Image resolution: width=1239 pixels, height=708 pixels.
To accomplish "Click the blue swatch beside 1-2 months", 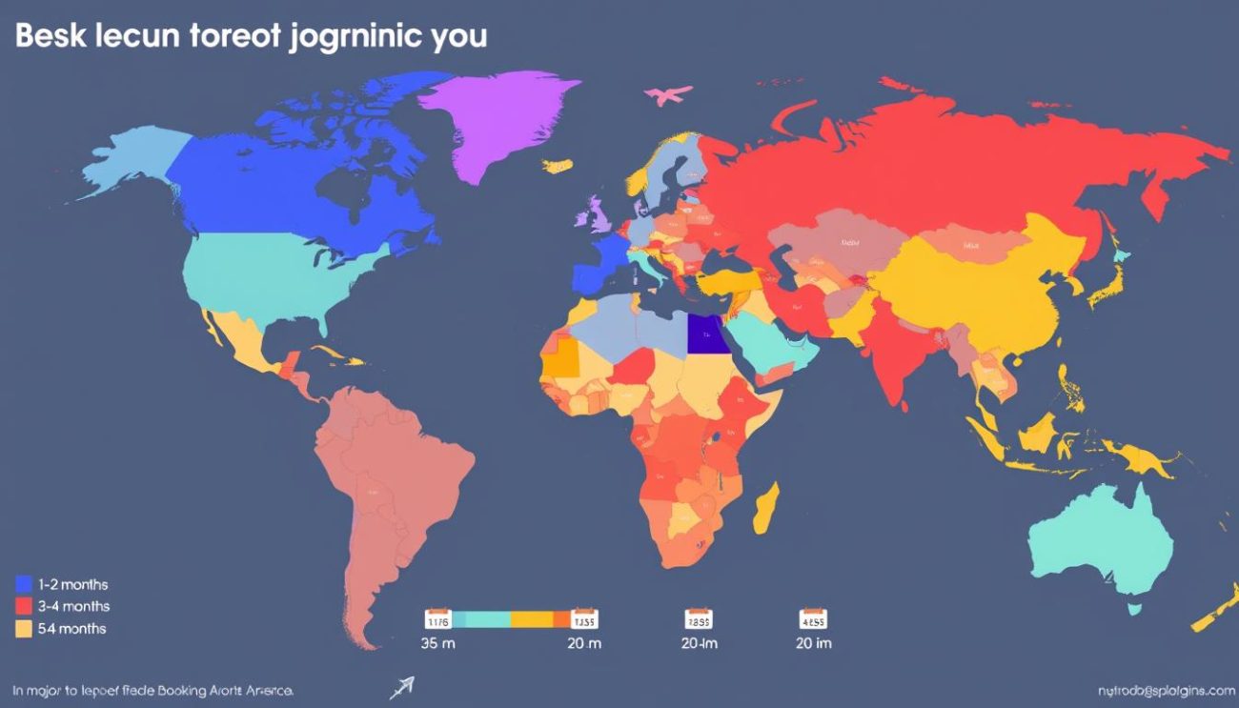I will pyautogui.click(x=25, y=584).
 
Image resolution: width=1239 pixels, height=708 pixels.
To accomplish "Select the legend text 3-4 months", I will pyautogui.click(x=74, y=606).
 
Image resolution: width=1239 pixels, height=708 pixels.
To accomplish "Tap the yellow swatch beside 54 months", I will pyautogui.click(x=25, y=628).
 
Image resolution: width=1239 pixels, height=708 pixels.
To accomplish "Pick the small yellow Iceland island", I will pyautogui.click(x=558, y=166).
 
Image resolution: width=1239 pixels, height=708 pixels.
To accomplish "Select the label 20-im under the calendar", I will pyautogui.click(x=700, y=643).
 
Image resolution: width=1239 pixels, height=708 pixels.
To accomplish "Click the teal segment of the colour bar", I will pyautogui.click(x=481, y=619).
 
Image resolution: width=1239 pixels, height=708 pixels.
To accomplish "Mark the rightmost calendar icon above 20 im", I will pyautogui.click(x=813, y=618).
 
